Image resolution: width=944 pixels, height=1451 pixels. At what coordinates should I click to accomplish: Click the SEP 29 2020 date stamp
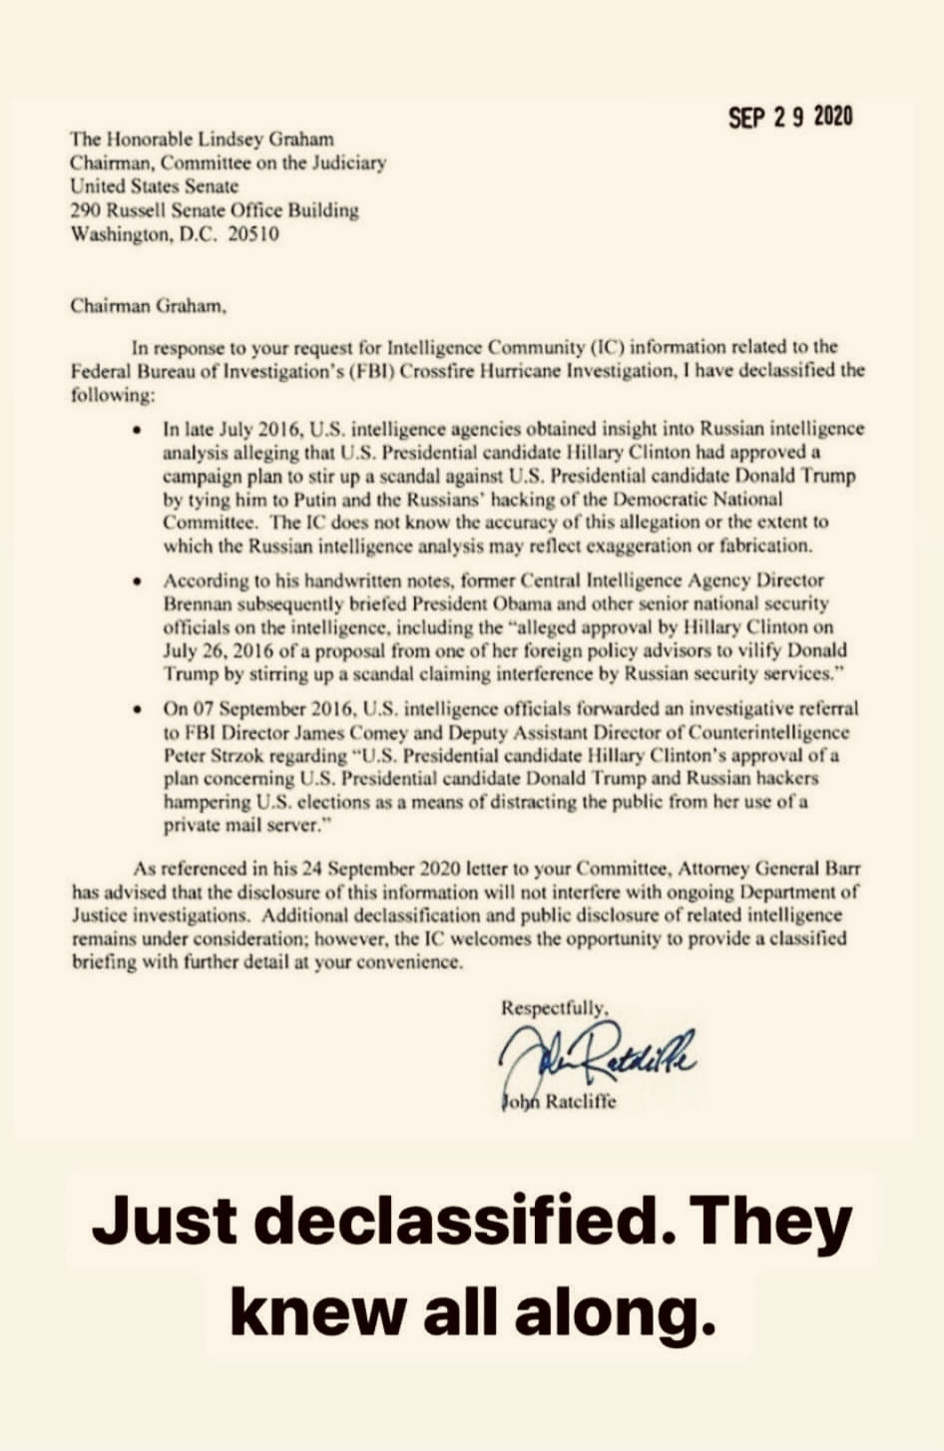click(790, 118)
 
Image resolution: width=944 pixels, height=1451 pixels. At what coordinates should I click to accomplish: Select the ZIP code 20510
click(255, 235)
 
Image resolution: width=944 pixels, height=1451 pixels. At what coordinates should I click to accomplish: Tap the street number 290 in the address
click(82, 210)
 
